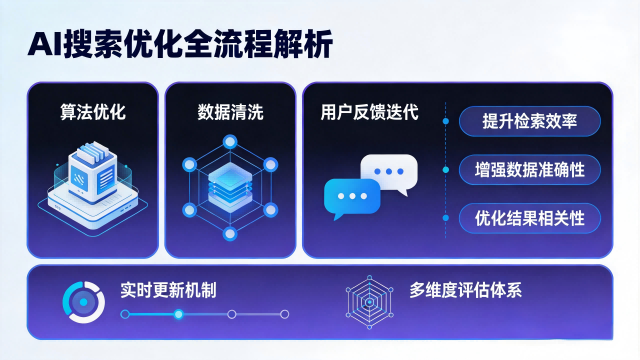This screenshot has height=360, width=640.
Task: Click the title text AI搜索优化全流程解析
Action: pyautogui.click(x=181, y=44)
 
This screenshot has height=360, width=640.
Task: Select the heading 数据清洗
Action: pyautogui.click(x=230, y=112)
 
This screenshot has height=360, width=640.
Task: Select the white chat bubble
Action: pyautogui.click(x=386, y=173)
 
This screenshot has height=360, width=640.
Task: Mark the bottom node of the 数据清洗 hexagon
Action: pyautogui.click(x=229, y=235)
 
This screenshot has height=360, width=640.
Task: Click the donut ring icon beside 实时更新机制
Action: pyautogui.click(x=82, y=300)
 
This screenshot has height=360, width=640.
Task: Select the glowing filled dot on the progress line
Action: pyautogui.click(x=179, y=314)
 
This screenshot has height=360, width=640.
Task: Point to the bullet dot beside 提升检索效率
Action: pyautogui.click(x=447, y=121)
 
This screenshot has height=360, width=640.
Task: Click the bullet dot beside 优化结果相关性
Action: pyautogui.click(x=447, y=216)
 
